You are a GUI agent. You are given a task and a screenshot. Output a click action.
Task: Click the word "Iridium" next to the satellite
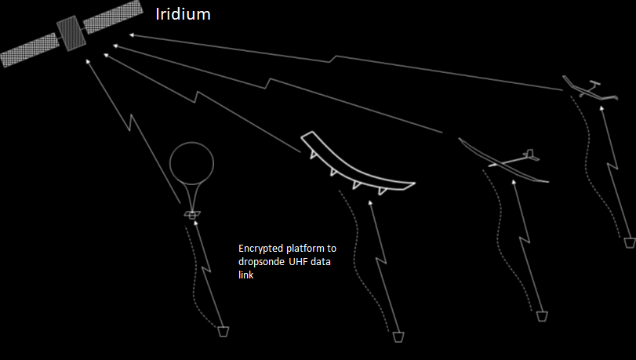pos(184,14)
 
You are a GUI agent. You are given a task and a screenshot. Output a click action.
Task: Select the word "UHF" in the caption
pos(298,262)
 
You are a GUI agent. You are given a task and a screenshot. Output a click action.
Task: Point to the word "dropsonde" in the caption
pos(261,262)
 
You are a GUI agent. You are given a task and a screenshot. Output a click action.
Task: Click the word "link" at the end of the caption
pos(245,275)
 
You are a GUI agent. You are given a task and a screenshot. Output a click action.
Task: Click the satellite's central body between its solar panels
pos(71,33)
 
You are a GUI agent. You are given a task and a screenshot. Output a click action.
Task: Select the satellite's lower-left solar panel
pos(30,50)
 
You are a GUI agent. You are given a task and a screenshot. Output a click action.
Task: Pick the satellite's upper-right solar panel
pos(113,16)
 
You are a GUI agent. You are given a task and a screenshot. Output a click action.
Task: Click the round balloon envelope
pos(191,163)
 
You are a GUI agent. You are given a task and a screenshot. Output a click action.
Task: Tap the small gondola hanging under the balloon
pos(192,215)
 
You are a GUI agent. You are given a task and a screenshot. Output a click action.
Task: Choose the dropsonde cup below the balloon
pos(224,332)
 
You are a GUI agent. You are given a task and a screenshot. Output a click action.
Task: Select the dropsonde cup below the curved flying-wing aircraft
pos(398,337)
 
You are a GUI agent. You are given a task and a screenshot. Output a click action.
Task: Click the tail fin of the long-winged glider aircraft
pos(529,155)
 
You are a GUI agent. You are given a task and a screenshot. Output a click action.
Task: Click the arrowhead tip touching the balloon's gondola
pos(195,221)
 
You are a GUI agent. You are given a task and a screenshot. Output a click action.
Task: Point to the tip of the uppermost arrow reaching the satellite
pos(129,35)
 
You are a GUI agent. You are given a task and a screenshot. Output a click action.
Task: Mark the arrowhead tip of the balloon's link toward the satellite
pos(86,60)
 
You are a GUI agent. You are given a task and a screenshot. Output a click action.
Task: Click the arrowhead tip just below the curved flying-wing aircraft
pos(369,201)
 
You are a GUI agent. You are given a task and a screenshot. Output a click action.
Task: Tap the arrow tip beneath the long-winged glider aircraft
pos(514,180)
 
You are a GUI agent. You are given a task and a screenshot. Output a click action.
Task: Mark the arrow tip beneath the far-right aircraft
pos(601,107)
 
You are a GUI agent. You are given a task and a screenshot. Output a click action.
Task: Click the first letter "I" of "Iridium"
pos(158,14)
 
